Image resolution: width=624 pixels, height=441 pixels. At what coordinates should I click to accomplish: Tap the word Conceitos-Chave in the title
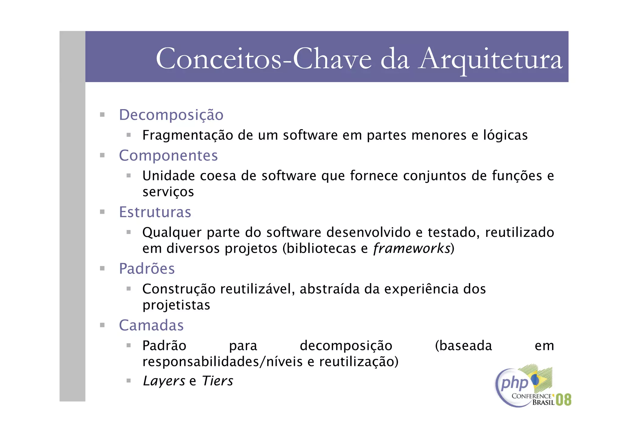click(264, 59)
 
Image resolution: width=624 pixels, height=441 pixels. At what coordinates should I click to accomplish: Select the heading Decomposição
click(171, 115)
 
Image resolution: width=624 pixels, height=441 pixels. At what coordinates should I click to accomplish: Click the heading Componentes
click(168, 155)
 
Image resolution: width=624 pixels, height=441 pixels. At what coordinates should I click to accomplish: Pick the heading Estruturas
click(155, 212)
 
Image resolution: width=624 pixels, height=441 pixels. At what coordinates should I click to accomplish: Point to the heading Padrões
click(147, 269)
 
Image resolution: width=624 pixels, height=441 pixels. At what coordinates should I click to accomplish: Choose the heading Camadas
click(151, 325)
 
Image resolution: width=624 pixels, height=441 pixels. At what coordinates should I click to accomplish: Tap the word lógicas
click(505, 135)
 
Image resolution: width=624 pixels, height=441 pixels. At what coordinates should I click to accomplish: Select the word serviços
click(168, 192)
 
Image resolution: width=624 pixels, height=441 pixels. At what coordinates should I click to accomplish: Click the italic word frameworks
click(412, 248)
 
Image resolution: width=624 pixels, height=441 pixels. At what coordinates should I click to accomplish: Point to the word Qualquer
click(172, 233)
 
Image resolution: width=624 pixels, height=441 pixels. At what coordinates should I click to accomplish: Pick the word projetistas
click(176, 305)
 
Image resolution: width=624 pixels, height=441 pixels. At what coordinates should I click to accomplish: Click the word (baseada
click(463, 346)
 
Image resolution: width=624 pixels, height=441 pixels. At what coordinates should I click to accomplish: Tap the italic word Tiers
click(218, 381)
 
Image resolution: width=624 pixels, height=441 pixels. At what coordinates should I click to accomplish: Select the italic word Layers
click(164, 381)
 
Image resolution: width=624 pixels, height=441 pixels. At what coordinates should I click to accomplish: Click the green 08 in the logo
click(563, 400)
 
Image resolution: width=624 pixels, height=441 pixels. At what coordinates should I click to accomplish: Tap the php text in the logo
click(514, 383)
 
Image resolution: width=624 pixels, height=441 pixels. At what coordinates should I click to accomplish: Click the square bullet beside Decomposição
click(102, 115)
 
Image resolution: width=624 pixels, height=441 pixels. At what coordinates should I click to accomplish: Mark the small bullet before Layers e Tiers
click(129, 380)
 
